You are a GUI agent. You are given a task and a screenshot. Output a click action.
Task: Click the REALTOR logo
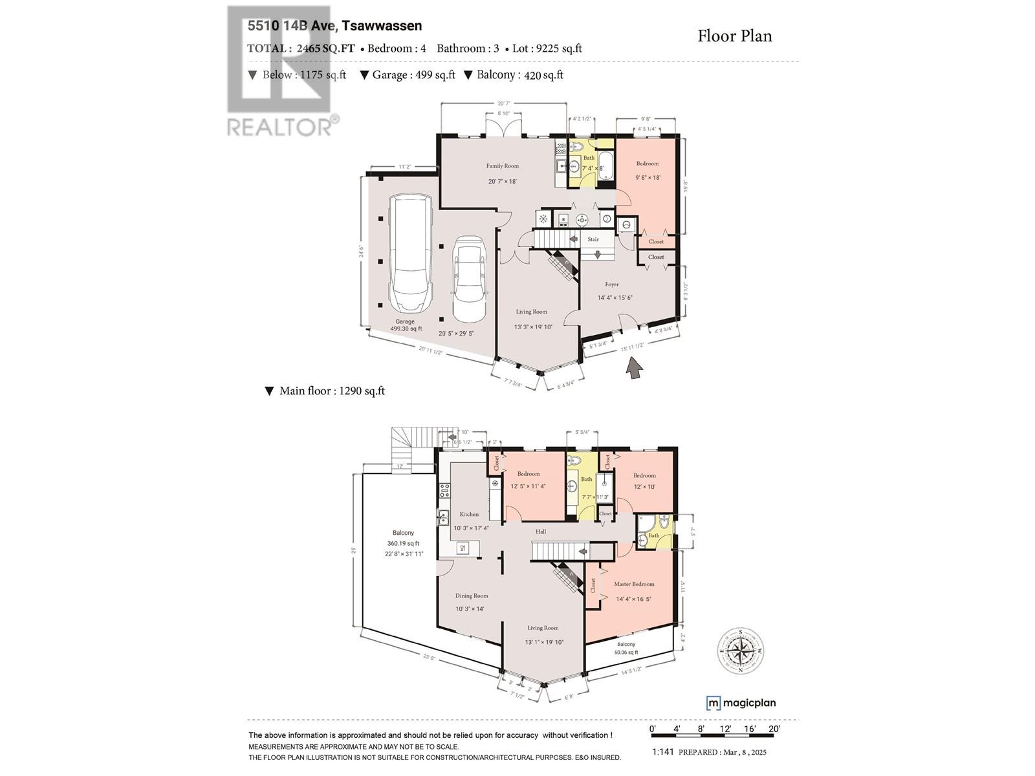click(282, 71)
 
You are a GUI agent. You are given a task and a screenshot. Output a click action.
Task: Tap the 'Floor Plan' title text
click(734, 36)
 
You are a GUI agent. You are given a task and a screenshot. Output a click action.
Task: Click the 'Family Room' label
click(503, 166)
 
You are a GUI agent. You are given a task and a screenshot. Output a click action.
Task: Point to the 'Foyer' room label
click(612, 284)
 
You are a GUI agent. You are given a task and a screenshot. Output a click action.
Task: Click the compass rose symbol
click(741, 651)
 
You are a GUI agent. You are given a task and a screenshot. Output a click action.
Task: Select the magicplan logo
click(741, 703)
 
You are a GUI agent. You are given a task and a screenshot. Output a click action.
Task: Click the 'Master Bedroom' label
click(634, 584)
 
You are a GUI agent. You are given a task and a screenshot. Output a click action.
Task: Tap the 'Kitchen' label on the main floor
click(469, 514)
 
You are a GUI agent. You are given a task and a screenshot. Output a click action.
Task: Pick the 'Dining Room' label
click(472, 596)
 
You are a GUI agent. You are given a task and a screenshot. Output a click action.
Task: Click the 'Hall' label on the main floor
click(541, 532)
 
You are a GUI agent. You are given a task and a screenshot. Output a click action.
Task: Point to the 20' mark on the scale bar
click(774, 729)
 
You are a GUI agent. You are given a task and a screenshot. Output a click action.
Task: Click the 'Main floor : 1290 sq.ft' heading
click(325, 391)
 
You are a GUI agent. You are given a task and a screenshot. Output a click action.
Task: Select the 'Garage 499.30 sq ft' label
click(406, 325)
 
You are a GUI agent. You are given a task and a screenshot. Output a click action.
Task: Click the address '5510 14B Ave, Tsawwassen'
click(334, 26)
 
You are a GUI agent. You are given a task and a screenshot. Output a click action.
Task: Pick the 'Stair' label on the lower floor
click(593, 239)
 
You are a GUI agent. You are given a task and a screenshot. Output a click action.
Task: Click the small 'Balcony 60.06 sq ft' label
click(626, 649)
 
